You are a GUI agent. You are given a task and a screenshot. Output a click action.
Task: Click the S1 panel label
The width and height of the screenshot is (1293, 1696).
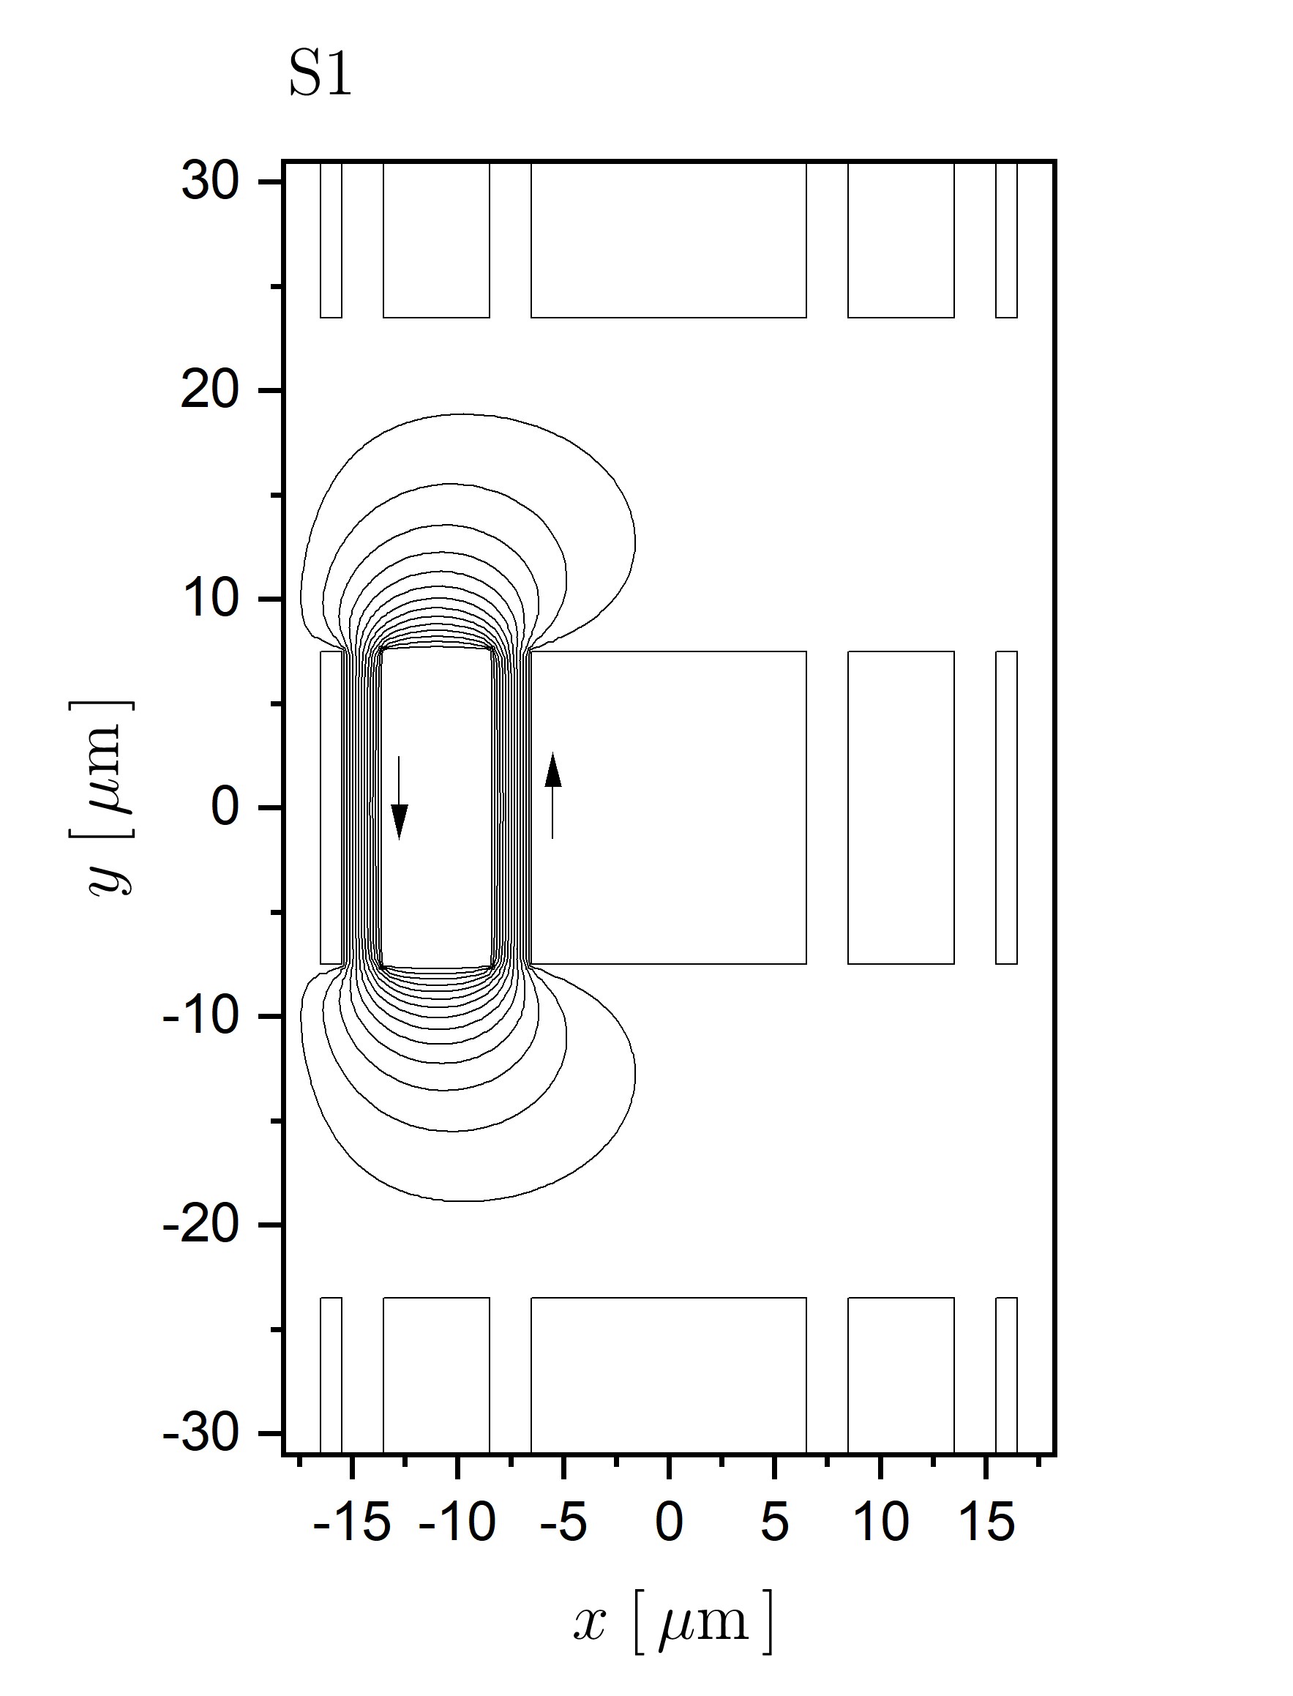pos(321,75)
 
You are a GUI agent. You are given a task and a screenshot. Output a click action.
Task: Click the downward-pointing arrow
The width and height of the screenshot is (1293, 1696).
pos(399,797)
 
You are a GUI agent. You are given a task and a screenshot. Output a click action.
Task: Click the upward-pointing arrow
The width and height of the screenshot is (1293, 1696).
pos(552,795)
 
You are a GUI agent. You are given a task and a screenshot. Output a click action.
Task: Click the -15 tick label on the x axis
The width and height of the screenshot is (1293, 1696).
pos(353,1522)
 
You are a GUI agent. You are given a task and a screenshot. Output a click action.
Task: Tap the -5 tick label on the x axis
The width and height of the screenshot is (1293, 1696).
pos(564,1522)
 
